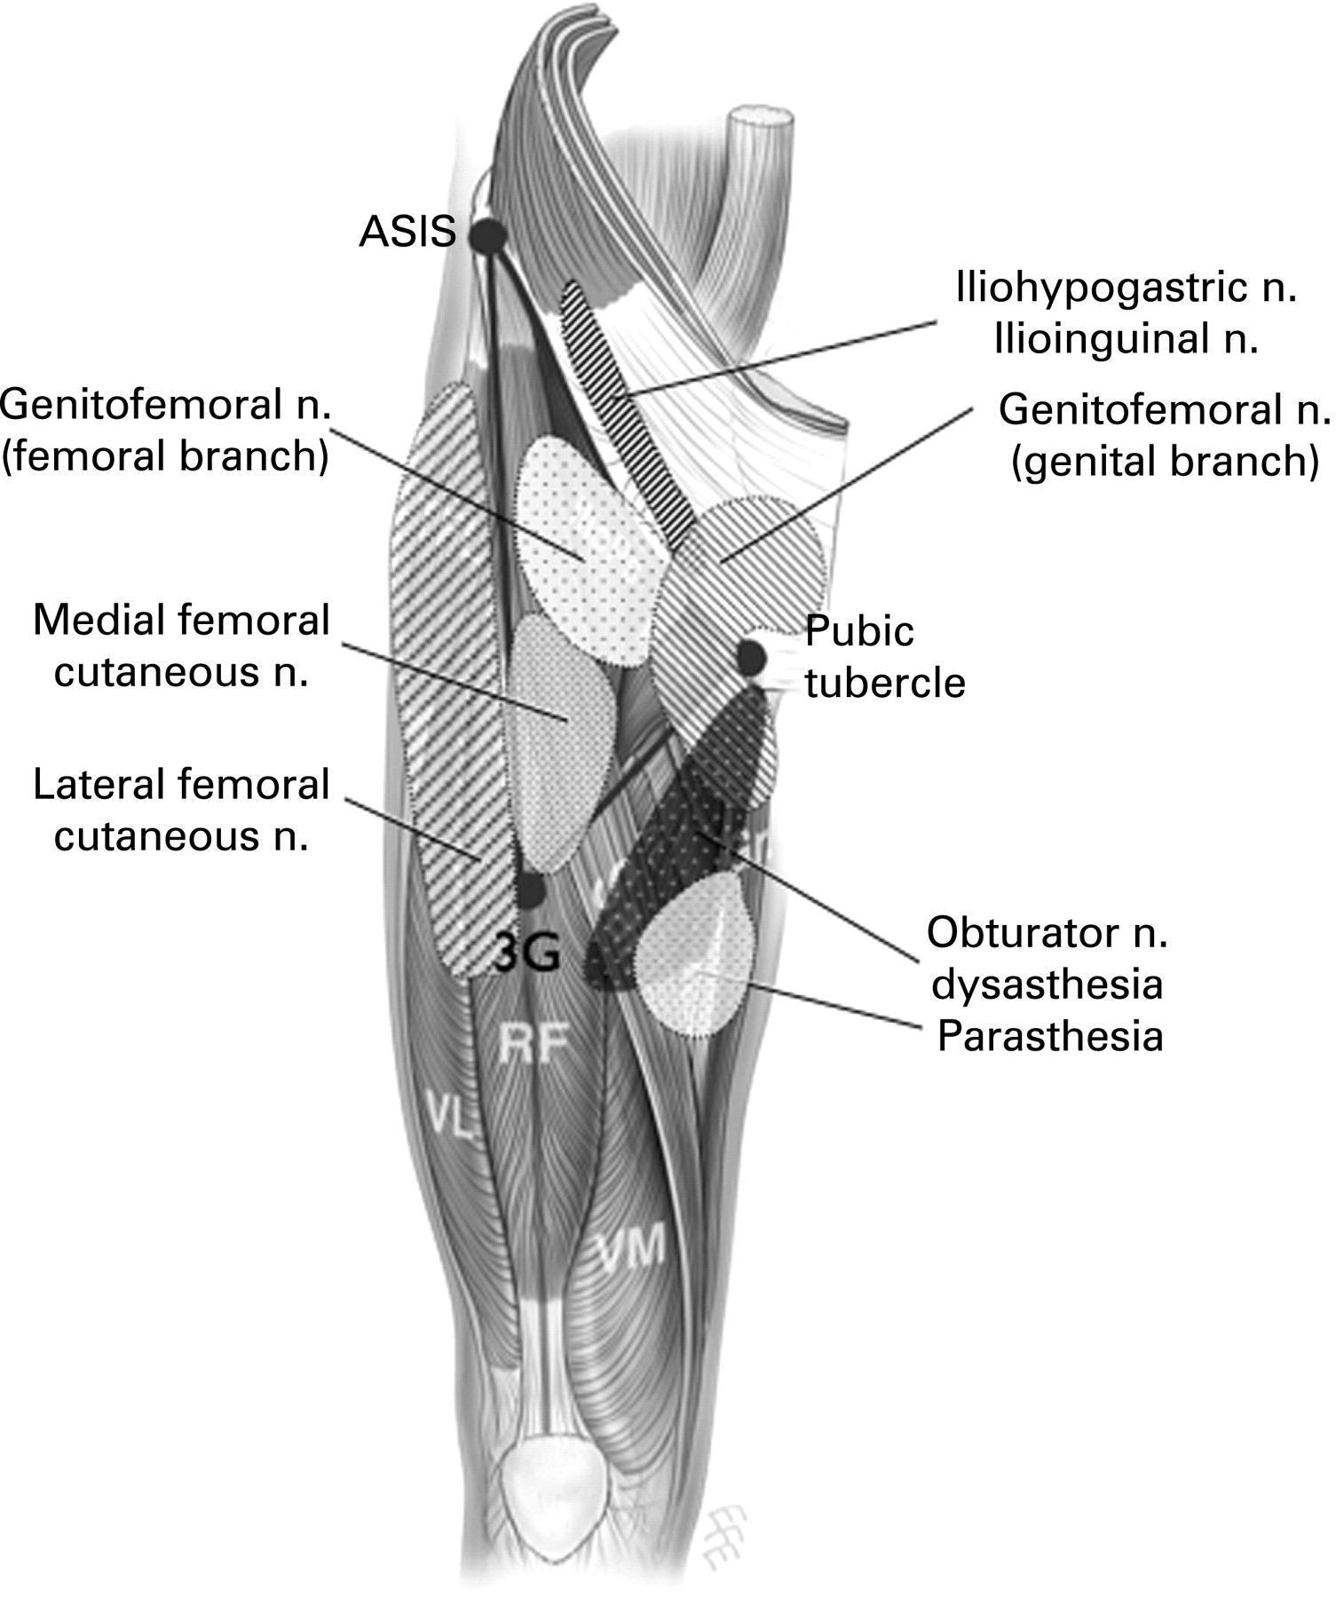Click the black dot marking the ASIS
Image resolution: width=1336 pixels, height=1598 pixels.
(x=487, y=235)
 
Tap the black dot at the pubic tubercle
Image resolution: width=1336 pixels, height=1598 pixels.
(x=751, y=657)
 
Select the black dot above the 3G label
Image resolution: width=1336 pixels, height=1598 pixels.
(x=530, y=890)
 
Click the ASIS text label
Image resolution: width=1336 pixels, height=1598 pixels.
(x=407, y=233)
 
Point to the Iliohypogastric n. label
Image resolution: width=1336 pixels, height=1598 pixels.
(x=1127, y=289)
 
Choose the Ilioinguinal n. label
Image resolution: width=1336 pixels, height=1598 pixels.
(x=1127, y=339)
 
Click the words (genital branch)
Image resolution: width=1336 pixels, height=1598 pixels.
(x=1166, y=462)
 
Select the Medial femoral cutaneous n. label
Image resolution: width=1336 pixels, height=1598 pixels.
(x=181, y=646)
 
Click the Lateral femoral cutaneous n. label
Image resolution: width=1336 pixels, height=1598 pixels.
(x=181, y=811)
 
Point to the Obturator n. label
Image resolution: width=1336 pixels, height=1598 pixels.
(x=1047, y=933)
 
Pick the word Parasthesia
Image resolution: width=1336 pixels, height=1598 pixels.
(x=1050, y=1037)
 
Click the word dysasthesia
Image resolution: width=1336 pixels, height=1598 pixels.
(x=1047, y=985)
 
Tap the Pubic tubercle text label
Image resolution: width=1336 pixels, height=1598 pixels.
(x=884, y=658)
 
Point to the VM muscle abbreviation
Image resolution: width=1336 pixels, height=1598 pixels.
(x=632, y=1249)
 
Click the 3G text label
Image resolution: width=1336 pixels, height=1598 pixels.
(x=528, y=955)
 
